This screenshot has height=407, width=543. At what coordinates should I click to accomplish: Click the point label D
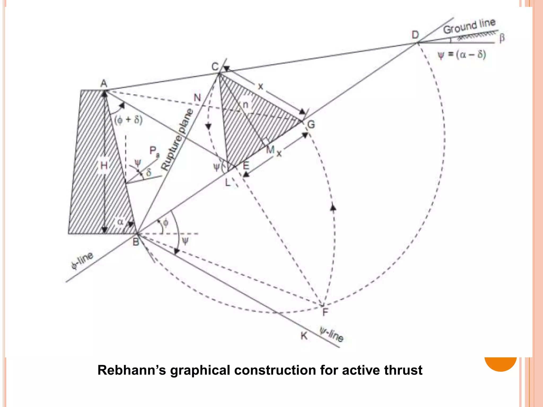pos(415,35)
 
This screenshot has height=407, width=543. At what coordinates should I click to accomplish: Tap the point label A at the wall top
pos(104,83)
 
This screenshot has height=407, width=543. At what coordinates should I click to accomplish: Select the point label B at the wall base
pos(136,242)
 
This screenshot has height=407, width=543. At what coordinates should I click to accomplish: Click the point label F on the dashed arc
pos(325,312)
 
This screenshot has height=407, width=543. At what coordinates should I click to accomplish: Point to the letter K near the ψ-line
pos(304,336)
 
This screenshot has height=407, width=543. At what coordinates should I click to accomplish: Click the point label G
pos(311,124)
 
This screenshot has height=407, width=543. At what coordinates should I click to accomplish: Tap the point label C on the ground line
pos(215,67)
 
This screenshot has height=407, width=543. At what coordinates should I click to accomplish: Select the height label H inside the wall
pos(104,166)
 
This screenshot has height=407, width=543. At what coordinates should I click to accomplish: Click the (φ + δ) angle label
pos(128,120)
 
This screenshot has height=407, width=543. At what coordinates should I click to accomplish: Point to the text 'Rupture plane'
pos(177,139)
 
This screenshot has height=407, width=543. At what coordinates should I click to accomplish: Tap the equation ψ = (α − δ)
pos(462,55)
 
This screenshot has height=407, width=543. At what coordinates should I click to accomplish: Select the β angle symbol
pos(502,38)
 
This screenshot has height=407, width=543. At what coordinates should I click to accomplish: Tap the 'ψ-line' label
pos(332,334)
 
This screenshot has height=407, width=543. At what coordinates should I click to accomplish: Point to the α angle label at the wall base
pos(120,222)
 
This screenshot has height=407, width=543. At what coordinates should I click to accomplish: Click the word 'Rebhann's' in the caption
pos(132,370)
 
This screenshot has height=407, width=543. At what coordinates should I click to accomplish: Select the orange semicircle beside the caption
pos(501,364)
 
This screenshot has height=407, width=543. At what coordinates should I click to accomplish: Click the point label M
pos(270,150)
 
